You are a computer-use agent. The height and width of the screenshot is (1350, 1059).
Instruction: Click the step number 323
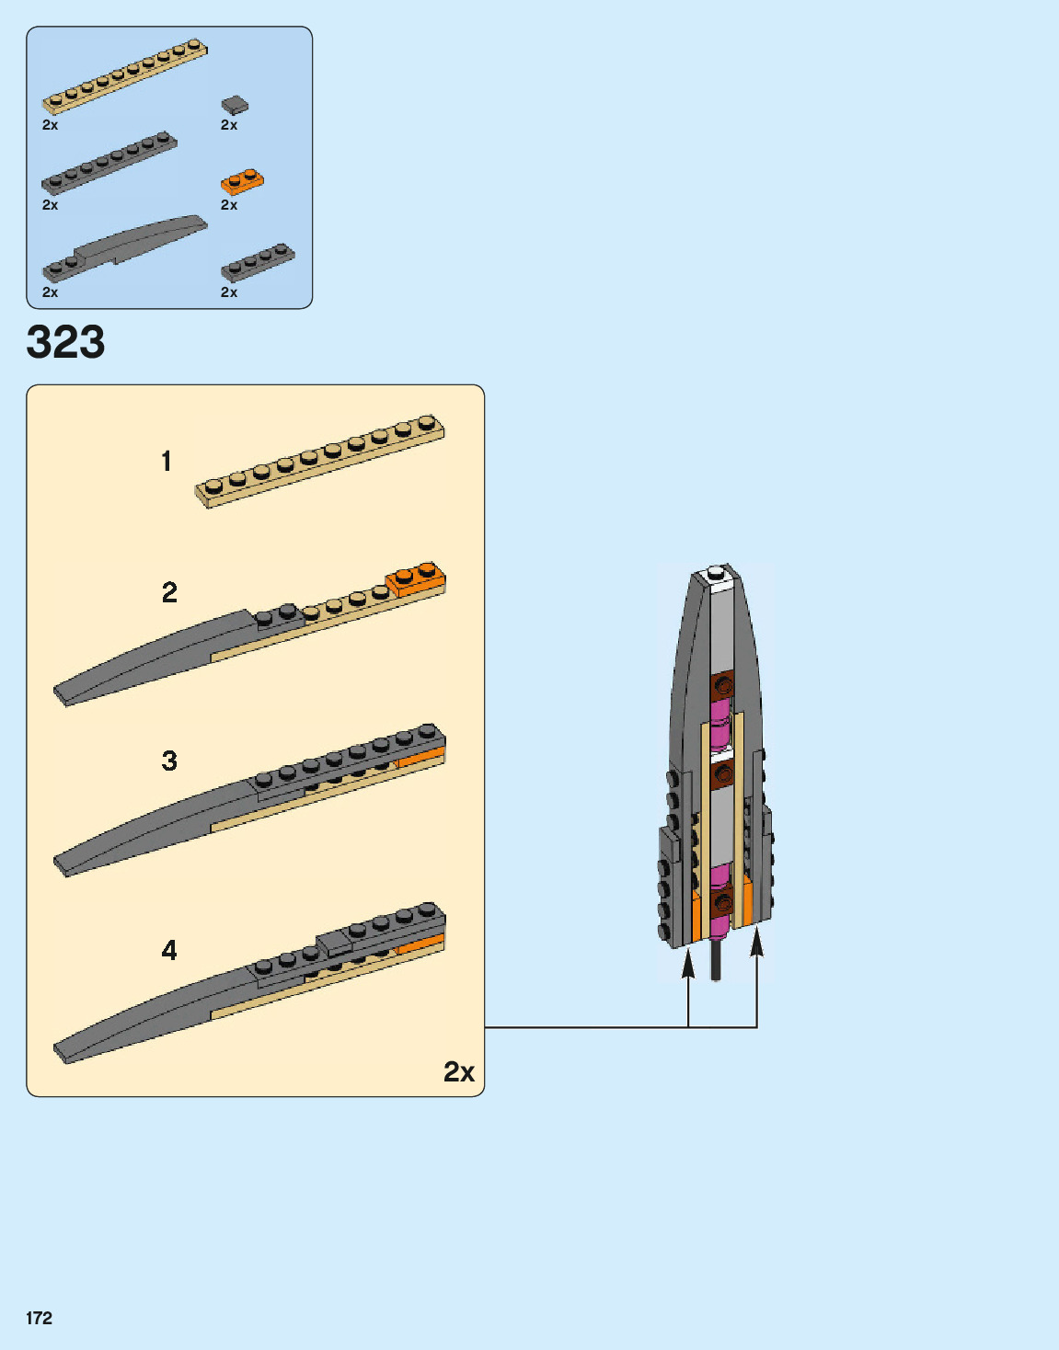coord(65,342)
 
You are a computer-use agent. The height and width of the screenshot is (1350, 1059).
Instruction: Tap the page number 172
coord(40,1318)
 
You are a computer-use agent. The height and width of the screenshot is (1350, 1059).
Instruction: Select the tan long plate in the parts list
coord(124,76)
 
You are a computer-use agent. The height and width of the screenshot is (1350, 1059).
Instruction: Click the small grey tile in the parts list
coord(235,105)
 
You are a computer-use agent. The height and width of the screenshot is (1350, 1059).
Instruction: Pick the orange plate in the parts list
coord(242,181)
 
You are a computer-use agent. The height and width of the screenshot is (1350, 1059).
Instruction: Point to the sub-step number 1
coord(167,461)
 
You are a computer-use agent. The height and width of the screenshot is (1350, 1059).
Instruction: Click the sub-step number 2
coord(169,592)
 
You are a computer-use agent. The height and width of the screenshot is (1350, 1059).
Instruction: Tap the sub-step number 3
coord(169,761)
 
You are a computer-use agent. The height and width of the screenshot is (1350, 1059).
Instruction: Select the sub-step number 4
coord(169,950)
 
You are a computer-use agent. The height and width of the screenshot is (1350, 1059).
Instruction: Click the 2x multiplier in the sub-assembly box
coord(459,1071)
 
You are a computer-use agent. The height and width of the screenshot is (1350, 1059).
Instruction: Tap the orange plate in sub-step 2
coord(416,580)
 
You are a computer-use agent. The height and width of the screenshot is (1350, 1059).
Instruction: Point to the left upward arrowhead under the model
coord(688,963)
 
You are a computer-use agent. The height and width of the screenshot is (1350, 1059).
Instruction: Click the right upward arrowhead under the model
coord(756,942)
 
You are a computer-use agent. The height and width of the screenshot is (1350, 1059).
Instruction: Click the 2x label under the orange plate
coord(229,205)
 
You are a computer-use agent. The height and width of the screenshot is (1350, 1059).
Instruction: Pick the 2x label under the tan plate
coord(50,125)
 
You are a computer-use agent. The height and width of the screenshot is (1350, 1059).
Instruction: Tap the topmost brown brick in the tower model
coord(722,685)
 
